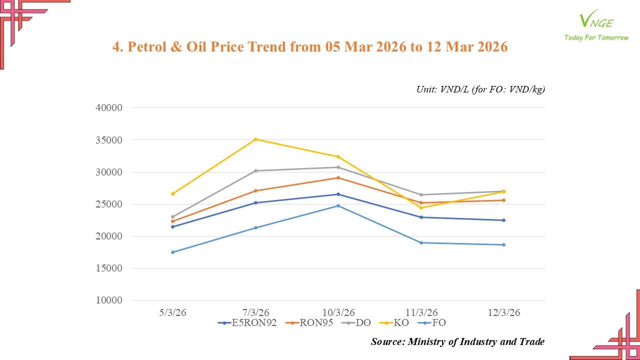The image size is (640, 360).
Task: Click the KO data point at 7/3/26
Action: tap(255, 139)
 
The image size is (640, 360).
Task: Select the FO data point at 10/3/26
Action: tap(338, 205)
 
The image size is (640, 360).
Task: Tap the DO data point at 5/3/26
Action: tap(173, 217)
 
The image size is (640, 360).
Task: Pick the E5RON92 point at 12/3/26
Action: tap(503, 220)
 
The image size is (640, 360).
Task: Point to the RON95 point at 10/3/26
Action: tap(338, 177)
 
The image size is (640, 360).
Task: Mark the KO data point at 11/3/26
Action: tap(421, 208)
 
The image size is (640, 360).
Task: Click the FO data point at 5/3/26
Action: tap(173, 252)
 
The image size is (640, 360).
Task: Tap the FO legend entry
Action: tap(433, 323)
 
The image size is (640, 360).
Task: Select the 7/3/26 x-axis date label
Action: tap(255, 312)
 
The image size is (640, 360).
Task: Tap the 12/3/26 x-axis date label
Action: tap(503, 312)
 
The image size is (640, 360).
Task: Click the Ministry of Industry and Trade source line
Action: tap(457, 342)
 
